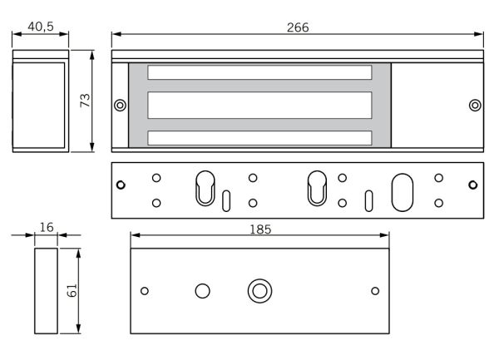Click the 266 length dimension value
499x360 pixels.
pyautogui.click(x=297, y=27)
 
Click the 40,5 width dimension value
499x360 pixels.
pyautogui.click(x=41, y=27)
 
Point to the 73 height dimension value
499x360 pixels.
pyautogui.click(x=84, y=100)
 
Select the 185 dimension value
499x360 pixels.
pyautogui.click(x=259, y=229)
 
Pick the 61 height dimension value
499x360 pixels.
pyautogui.click(x=72, y=290)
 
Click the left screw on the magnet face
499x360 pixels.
pyautogui.click(x=121, y=106)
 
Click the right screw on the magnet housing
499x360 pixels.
pyautogui.click(x=474, y=105)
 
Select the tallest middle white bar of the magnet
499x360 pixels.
pyautogui.click(x=259, y=105)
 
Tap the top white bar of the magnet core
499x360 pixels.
pyautogui.click(x=259, y=73)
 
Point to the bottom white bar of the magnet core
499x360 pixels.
pyautogui.click(x=259, y=138)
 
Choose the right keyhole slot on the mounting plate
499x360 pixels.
pyautogui.click(x=317, y=187)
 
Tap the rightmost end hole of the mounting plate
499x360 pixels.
pyautogui.click(x=473, y=187)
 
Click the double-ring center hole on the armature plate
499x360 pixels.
pyautogui.click(x=259, y=291)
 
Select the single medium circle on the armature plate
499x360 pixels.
pyautogui.click(x=202, y=290)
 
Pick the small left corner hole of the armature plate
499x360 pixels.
pyautogui.click(x=145, y=290)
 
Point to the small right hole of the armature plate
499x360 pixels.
pyautogui.click(x=374, y=290)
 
